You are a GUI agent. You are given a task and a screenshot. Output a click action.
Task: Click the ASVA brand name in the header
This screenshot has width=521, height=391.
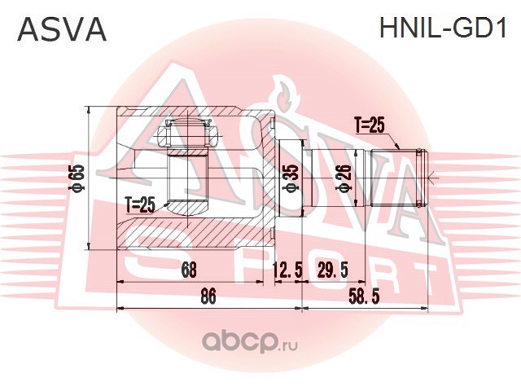pos(62,29)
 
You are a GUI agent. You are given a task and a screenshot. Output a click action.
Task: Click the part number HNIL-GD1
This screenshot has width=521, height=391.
pos(443,28)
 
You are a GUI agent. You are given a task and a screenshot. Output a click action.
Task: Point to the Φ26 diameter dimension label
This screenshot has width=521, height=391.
pos(344,178)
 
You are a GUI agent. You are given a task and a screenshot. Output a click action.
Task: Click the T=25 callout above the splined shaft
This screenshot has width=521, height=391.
pos(370,125)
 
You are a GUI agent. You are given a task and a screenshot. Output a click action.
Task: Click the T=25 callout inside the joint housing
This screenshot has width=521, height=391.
pos(140,204)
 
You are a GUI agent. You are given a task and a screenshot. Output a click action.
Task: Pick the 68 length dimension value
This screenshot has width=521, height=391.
pos(189,270)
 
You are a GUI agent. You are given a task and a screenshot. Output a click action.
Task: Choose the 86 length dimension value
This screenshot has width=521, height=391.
pos(208,296)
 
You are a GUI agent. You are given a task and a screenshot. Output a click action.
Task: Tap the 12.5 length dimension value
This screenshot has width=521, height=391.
pos(287,270)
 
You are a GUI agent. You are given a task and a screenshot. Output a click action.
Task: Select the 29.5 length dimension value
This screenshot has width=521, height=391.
pos(333,270)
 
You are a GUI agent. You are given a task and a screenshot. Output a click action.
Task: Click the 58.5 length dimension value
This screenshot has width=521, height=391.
pos(364,296)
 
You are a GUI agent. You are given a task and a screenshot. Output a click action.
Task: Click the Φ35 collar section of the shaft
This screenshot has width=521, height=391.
pos(290,178)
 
